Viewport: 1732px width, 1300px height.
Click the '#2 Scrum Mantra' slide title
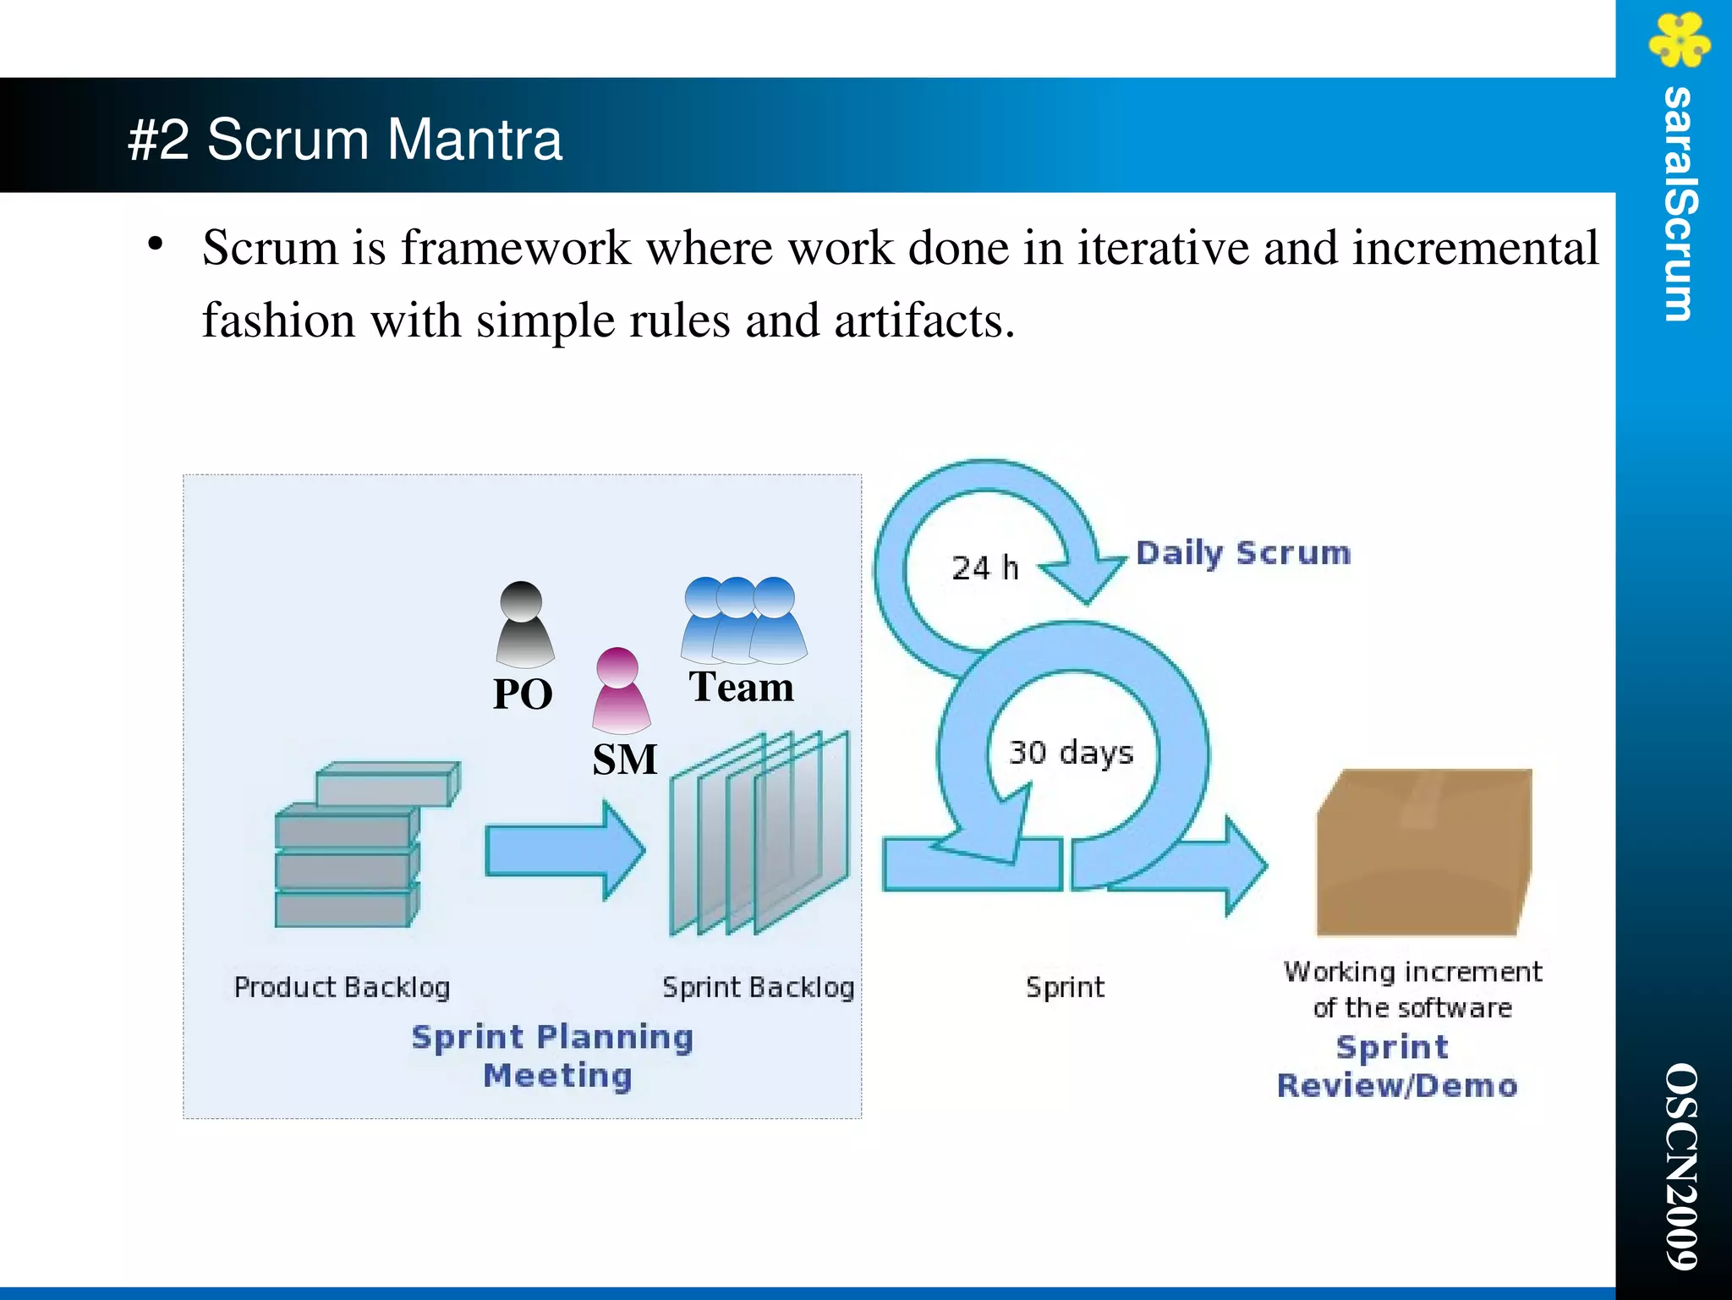click(x=345, y=139)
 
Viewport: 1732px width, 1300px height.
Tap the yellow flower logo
click(x=1679, y=39)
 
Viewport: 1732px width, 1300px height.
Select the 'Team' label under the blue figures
click(x=741, y=686)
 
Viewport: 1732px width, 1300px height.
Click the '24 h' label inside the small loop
click(x=984, y=568)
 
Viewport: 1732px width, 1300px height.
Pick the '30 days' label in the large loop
click(x=1071, y=752)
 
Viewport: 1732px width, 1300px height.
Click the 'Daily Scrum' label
click(x=1242, y=553)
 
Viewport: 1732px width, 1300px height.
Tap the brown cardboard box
click(x=1424, y=853)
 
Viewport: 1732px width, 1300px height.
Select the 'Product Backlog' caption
click(x=342, y=987)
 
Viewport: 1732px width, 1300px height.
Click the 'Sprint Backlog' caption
click(x=758, y=987)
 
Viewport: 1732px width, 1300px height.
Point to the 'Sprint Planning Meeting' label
click(x=553, y=1056)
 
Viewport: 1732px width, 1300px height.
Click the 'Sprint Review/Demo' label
click(x=1397, y=1067)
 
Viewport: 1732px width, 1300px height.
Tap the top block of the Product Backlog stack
click(x=387, y=784)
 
